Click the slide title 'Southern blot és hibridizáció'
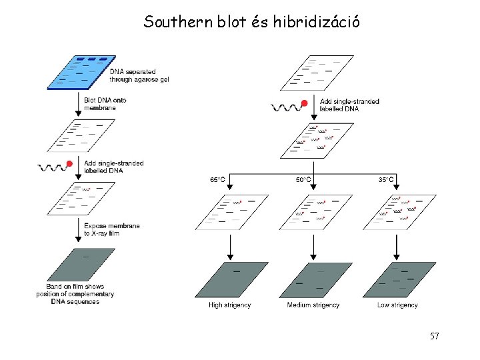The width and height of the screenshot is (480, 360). (253, 22)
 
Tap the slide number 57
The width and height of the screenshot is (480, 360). (434, 336)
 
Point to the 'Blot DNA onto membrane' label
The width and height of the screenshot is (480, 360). (105, 103)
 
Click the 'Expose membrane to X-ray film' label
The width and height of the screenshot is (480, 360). (111, 229)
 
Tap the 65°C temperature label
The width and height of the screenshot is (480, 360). (218, 179)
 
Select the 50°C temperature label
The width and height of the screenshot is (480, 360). (303, 179)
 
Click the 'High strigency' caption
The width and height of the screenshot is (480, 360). (230, 305)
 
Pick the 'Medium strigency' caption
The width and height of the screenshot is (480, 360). (313, 305)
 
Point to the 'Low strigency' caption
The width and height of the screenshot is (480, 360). (397, 305)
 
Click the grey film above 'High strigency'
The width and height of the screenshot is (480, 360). (231, 280)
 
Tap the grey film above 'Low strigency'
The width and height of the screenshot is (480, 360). (399, 280)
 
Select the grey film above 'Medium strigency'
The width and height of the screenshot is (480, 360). (315, 280)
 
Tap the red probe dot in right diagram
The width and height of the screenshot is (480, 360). (304, 103)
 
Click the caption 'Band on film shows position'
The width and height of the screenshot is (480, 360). (75, 294)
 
